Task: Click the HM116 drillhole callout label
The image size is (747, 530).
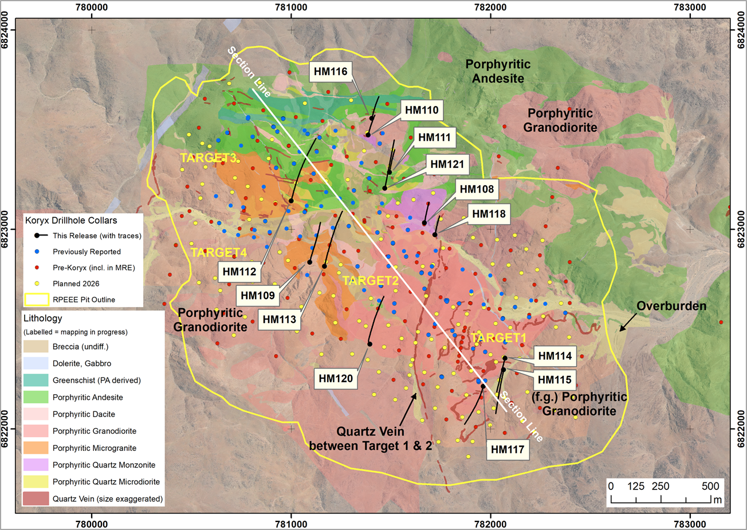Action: click(331, 72)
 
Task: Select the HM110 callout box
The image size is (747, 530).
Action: click(422, 111)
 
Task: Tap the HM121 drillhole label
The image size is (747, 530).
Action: click(447, 164)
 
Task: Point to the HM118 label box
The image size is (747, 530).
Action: click(489, 214)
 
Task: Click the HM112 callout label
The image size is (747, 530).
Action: click(239, 272)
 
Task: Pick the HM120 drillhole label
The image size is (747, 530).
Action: click(336, 378)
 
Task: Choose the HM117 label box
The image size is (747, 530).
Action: click(508, 450)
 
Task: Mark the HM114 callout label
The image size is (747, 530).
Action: click(555, 356)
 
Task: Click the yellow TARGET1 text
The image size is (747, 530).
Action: click(498, 338)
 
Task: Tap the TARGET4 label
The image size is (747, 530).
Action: click(218, 252)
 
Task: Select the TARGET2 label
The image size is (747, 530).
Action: click(370, 281)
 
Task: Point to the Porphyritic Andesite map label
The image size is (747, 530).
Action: click(498, 72)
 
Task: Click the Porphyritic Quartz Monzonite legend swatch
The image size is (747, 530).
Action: click(36, 465)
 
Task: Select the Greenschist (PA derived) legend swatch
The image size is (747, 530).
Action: click(36, 380)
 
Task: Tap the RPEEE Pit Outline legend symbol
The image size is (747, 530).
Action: click(36, 300)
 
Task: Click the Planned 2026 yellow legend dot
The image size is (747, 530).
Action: click(37, 284)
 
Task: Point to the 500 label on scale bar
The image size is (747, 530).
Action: click(710, 486)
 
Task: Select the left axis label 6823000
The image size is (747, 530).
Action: click(8, 229)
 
